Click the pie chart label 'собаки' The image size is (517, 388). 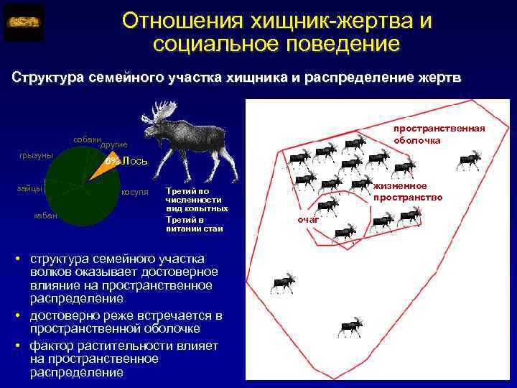pos(85,138)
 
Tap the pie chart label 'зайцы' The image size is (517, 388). pos(29,188)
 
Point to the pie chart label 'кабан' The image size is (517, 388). pos(46,216)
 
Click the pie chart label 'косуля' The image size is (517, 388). pos(134,192)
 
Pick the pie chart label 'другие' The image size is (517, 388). pos(113,144)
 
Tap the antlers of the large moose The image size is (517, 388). pos(162,111)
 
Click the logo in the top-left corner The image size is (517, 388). pos(24,22)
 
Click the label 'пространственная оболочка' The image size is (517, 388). pos(439,134)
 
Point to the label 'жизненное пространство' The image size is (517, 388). pos(406,191)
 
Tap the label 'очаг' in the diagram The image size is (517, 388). pos(308,219)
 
